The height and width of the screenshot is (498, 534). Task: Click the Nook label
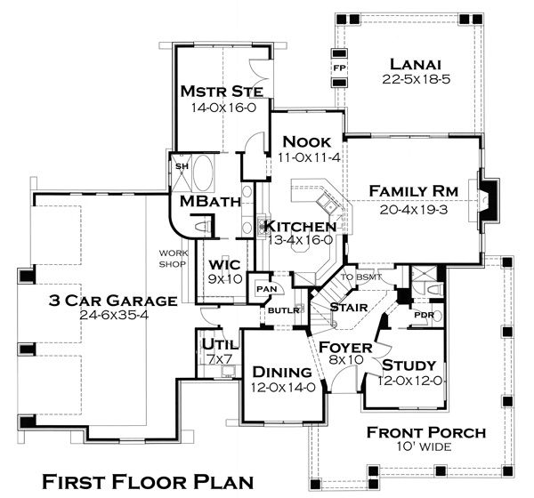[x=306, y=141]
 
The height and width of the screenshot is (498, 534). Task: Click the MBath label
[x=211, y=202]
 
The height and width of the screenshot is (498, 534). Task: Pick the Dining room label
[x=281, y=372]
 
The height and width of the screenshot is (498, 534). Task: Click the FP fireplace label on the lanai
[x=338, y=68]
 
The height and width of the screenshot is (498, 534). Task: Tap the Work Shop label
[x=172, y=258]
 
